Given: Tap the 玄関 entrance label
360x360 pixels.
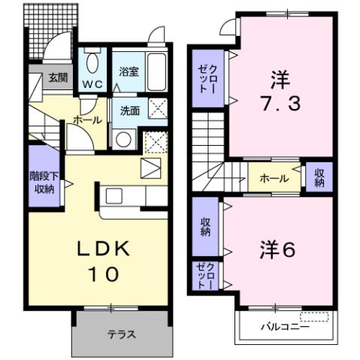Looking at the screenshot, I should coord(57,77).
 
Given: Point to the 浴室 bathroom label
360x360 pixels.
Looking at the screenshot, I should coord(129,72).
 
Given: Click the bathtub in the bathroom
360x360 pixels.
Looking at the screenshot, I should coord(157,71).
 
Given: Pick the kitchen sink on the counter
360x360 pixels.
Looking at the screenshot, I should coord(114,196).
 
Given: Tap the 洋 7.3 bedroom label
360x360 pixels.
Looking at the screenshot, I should coord(284,91).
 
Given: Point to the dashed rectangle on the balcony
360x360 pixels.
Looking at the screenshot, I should coord(314,316).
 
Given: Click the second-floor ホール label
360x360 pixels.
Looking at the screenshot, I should coord(274,179).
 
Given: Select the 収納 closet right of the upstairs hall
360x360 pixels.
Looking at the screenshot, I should coord(319,178).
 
